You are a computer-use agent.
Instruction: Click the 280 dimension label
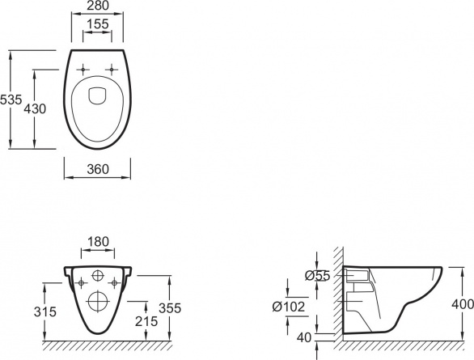pyautogui.click(x=98, y=6)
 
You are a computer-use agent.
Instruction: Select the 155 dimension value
pyautogui.click(x=97, y=24)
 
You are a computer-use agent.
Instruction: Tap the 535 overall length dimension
pyautogui.click(x=11, y=100)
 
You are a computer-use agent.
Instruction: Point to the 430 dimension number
pyautogui.click(x=35, y=109)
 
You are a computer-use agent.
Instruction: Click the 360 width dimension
pyautogui.click(x=98, y=169)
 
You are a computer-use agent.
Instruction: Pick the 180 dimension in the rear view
pyautogui.click(x=98, y=242)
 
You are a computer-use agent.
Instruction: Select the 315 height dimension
pyautogui.click(x=45, y=311)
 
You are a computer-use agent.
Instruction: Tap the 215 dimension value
pyautogui.click(x=146, y=321)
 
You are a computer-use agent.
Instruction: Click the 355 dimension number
pyautogui.click(x=170, y=308)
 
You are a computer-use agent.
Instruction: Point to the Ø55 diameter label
pyautogui.click(x=317, y=276)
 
